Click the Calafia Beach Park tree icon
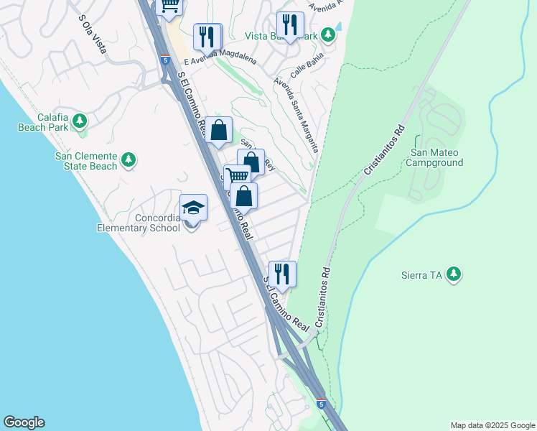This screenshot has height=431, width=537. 80,119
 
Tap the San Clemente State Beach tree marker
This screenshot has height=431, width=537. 129,159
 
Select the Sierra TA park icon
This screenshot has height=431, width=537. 453,274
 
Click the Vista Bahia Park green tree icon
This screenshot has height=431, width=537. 328,34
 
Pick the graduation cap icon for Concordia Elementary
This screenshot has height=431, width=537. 193,208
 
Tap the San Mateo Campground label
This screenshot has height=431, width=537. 436,157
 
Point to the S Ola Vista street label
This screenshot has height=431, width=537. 93,34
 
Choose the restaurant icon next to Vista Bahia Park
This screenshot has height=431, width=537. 290,24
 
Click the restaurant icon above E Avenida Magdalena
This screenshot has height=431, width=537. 207,37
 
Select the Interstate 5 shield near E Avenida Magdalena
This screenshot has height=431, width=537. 166,60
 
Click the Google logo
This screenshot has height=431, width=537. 24,422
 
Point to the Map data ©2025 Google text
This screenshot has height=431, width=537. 492,425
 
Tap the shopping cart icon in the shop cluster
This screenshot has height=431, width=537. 237,177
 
